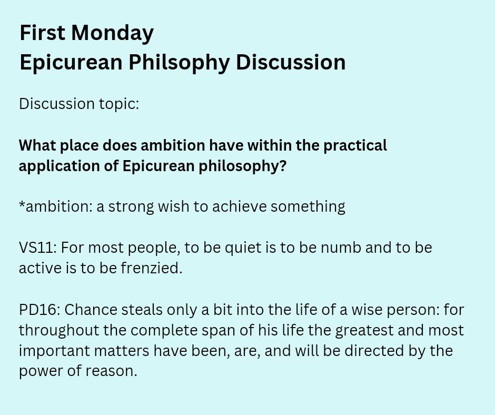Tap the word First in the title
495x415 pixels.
pos(43,32)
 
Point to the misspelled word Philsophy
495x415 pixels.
pos(179,62)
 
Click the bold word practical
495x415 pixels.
pos(355,145)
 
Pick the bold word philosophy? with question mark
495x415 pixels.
pos(242,166)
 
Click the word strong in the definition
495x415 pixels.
pos(131,207)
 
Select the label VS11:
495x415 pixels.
pos(38,248)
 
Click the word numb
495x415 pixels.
pos(341,248)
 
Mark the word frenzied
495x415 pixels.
pos(152,268)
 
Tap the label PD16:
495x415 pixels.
pos(39,310)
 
